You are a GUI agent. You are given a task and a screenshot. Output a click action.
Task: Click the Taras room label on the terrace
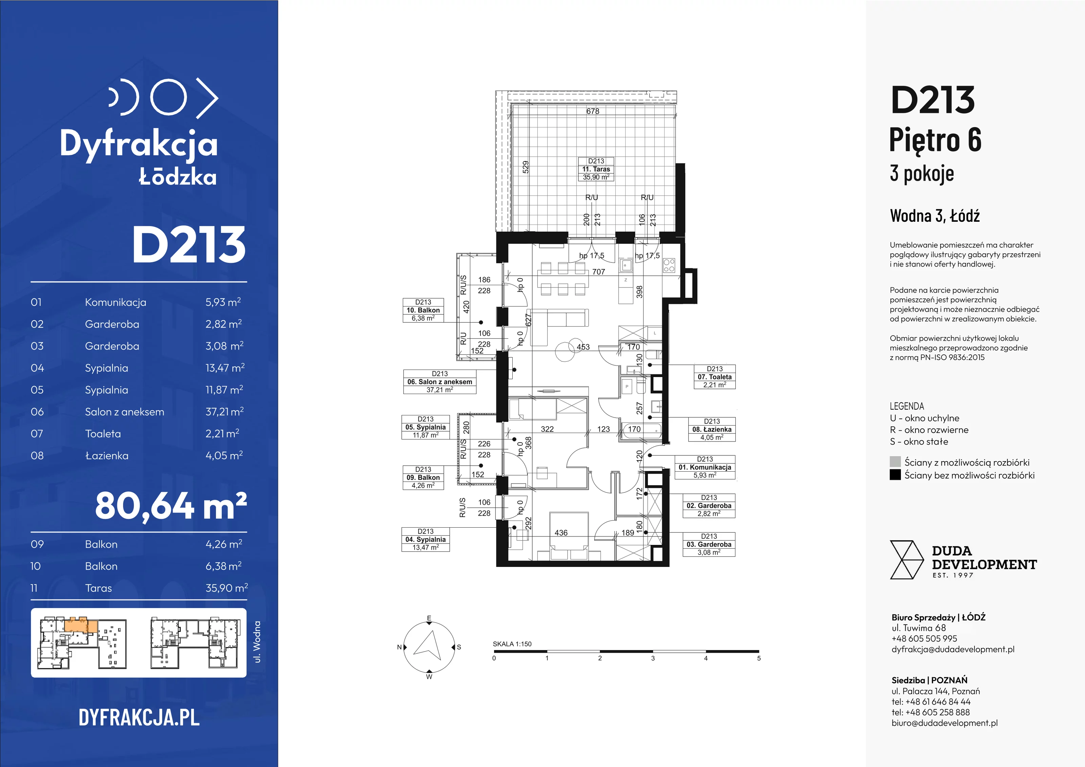[x=596, y=169]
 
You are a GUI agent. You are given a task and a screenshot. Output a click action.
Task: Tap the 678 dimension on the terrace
[x=593, y=111]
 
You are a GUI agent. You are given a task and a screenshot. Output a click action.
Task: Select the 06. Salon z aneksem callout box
[x=439, y=382]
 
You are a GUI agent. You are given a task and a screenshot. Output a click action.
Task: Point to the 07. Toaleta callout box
[x=714, y=377]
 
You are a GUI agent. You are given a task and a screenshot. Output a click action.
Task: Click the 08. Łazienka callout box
[x=712, y=429]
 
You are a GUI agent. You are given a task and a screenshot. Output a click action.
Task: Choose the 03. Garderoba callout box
[x=709, y=544]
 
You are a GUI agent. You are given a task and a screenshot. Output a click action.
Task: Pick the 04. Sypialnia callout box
[x=425, y=539]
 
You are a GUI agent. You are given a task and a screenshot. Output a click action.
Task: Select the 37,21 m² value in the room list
[x=224, y=412]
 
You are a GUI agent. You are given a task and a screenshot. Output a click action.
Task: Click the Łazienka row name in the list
[x=107, y=456]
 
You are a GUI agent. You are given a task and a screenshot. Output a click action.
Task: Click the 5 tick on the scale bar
[x=759, y=658]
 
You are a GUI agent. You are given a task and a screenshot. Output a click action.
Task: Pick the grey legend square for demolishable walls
[x=895, y=462]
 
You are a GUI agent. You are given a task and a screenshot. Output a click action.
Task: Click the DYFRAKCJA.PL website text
[x=139, y=717]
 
